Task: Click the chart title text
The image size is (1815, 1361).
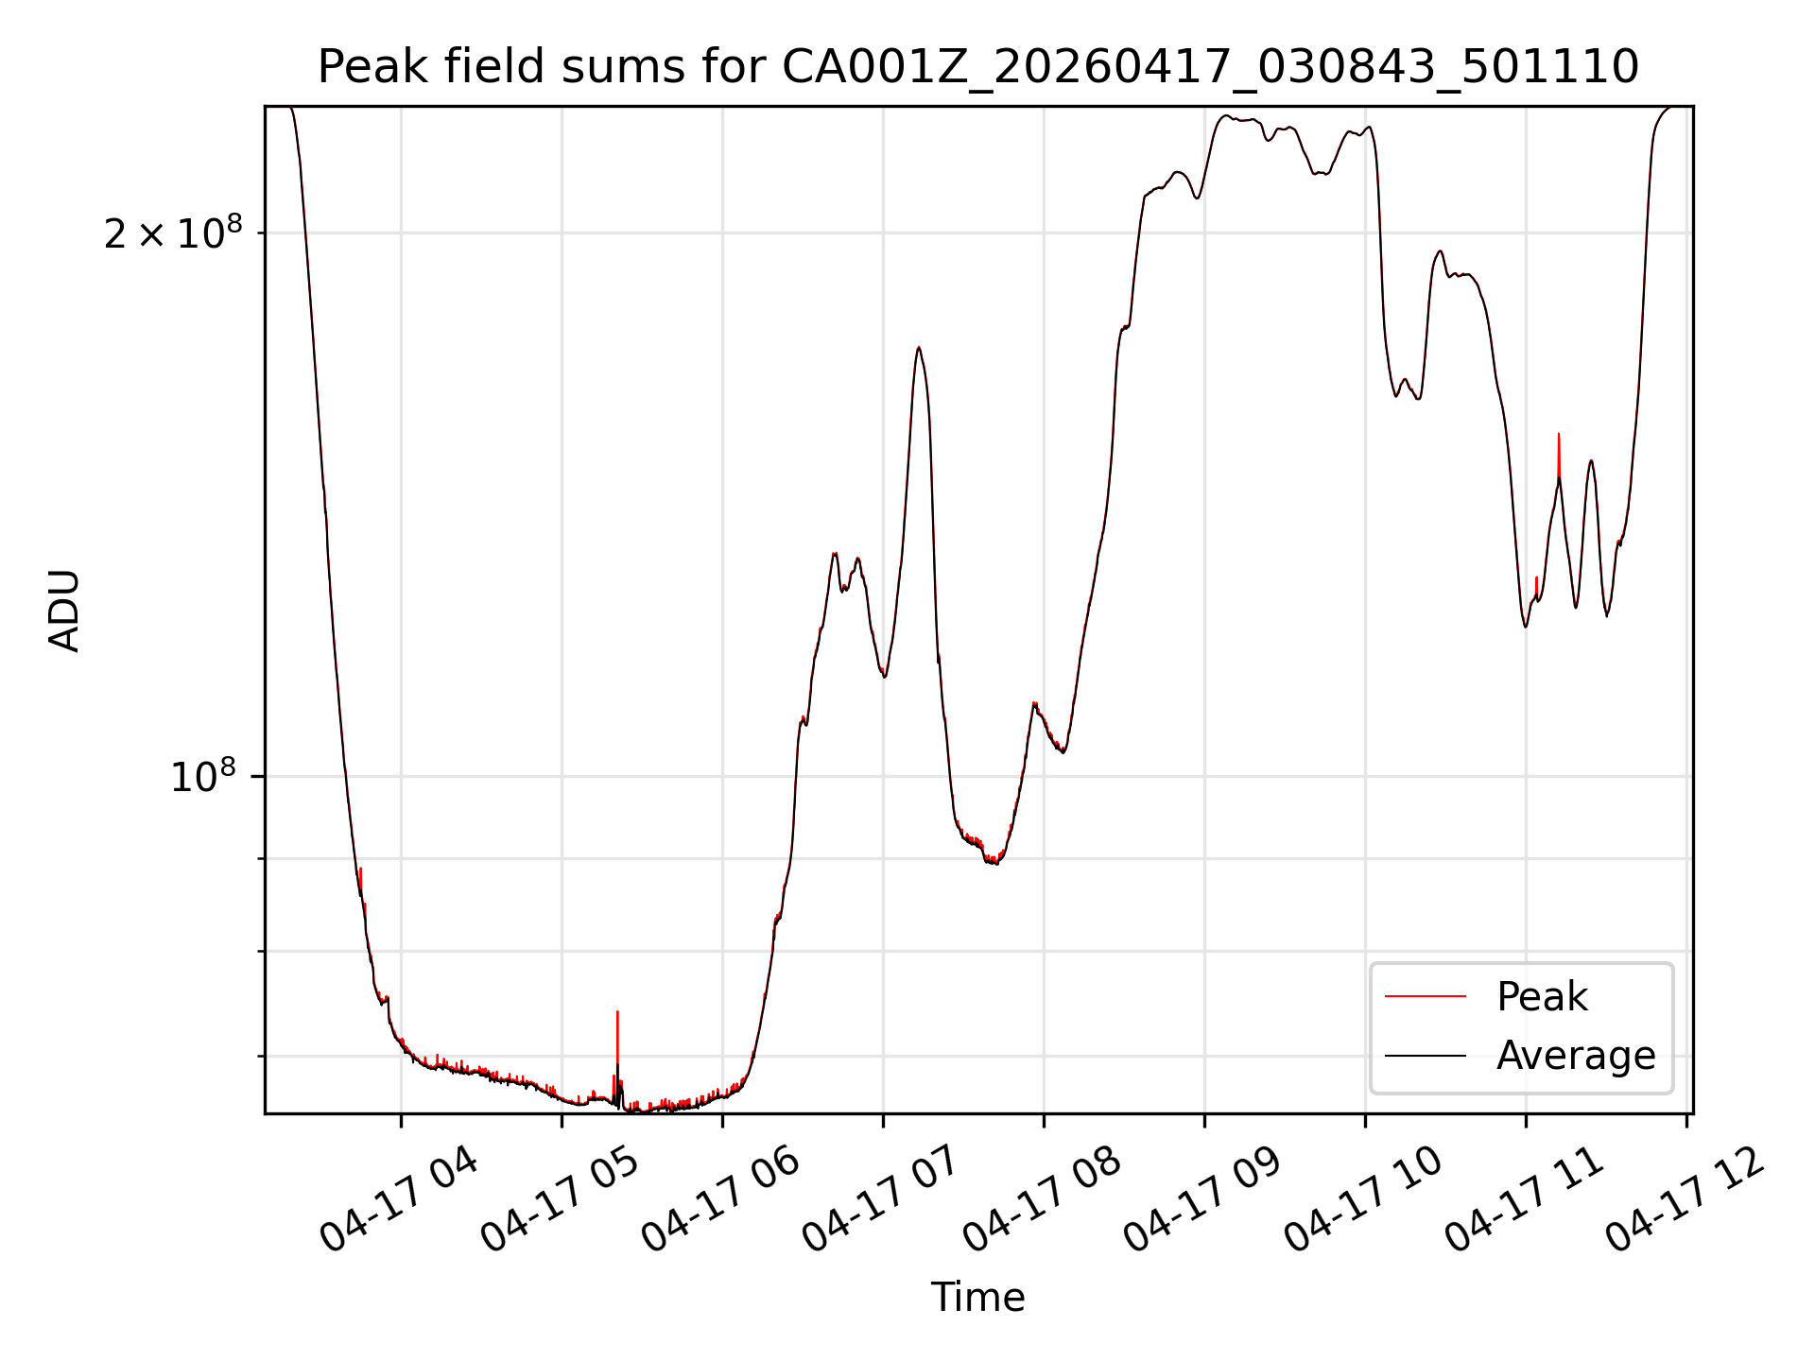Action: click(977, 67)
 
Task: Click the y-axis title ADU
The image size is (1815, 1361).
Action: click(64, 610)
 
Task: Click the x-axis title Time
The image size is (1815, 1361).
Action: click(977, 1297)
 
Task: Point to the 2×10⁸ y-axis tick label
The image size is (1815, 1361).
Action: click(173, 233)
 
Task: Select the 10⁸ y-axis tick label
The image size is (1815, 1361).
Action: click(202, 777)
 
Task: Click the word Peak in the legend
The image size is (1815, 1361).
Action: click(1542, 997)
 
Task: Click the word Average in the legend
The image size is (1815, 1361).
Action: click(1576, 1056)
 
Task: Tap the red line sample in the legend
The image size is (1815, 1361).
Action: click(1426, 996)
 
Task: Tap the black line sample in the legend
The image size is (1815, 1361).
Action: click(1426, 1055)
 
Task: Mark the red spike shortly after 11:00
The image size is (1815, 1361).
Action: click(1559, 458)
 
